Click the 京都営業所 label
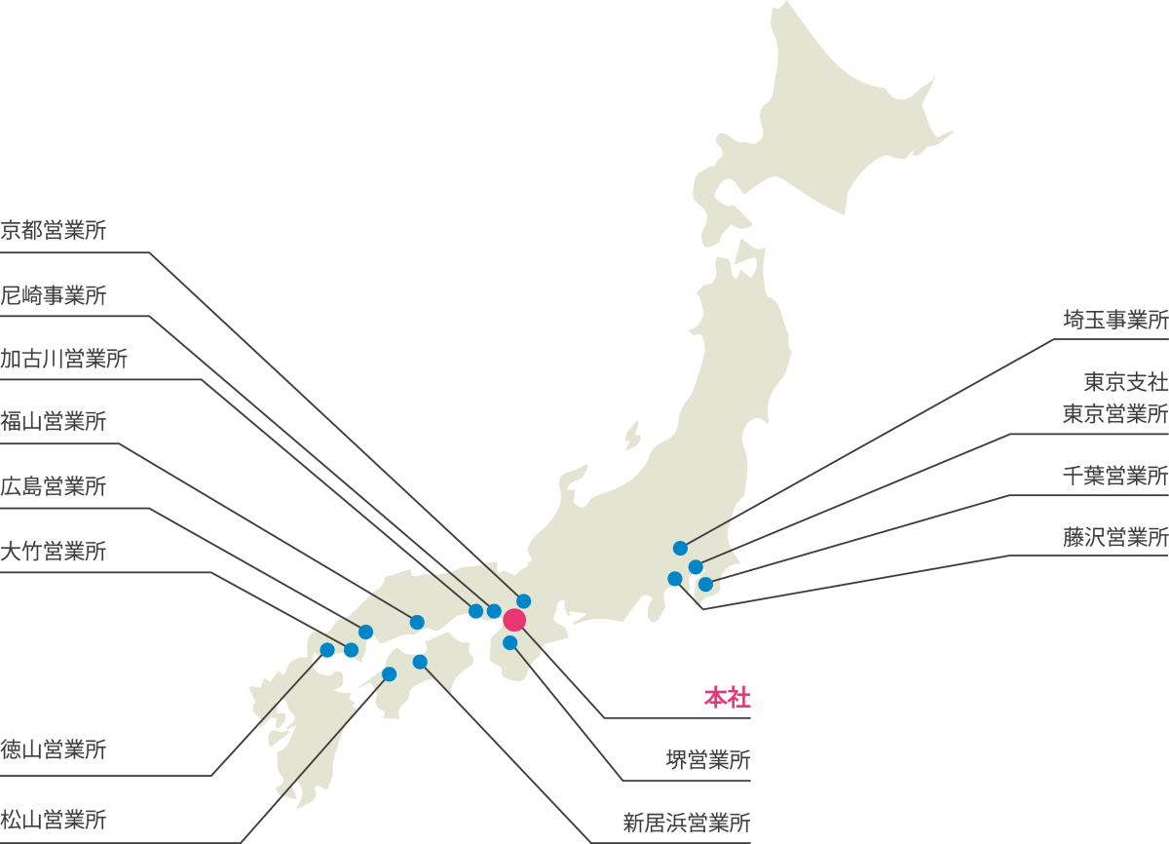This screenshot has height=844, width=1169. [54, 231]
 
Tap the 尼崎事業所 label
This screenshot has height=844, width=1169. [54, 295]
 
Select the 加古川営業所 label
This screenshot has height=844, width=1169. [64, 359]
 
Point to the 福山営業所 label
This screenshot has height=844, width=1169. [54, 422]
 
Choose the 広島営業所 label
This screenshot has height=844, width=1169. [54, 486]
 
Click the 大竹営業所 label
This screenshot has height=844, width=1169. [54, 551]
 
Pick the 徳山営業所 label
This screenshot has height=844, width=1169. [54, 750]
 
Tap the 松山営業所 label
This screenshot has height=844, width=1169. [54, 820]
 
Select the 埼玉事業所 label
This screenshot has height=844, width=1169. [1114, 320]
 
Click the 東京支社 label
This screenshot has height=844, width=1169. [1125, 381]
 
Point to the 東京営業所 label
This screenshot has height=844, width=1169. [1114, 413]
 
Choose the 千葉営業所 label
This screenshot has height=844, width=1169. [1114, 476]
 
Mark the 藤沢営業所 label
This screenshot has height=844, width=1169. [1114, 537]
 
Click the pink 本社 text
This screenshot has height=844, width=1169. [728, 698]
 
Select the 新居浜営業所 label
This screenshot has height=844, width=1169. [687, 823]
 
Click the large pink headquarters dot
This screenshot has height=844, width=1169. [514, 620]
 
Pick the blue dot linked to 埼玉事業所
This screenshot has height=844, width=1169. [680, 548]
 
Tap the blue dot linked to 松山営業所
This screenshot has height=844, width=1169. [389, 673]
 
